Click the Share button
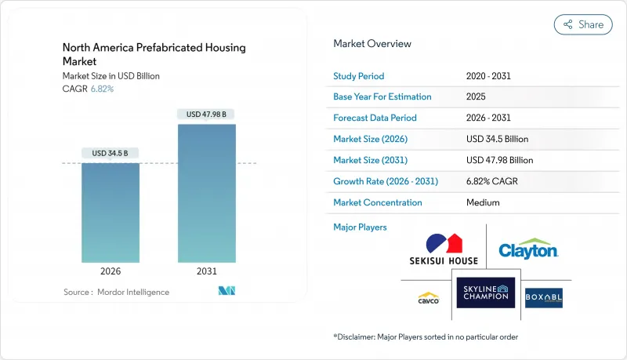click(583, 24)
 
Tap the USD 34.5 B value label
click(111, 152)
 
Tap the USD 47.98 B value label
click(206, 114)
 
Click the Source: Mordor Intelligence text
click(116, 292)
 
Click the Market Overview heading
click(372, 44)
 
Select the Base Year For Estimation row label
click(382, 97)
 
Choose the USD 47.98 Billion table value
click(499, 160)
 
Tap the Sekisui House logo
click(443, 249)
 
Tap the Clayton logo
click(528, 249)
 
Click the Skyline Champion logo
click(485, 296)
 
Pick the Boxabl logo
click(544, 298)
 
